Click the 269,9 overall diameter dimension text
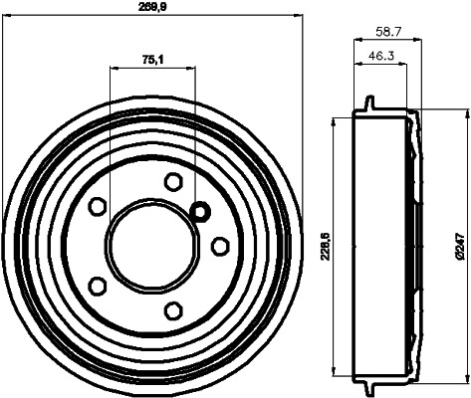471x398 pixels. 151,6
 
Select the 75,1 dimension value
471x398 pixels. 151,61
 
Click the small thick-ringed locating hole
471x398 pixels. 199,211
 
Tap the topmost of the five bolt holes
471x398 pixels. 173,181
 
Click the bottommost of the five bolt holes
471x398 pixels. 173,310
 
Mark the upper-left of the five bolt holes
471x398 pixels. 98,206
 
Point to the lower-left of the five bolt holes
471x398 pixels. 98,286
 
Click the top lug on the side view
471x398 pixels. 368,104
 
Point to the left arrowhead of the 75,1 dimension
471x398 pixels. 113,69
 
